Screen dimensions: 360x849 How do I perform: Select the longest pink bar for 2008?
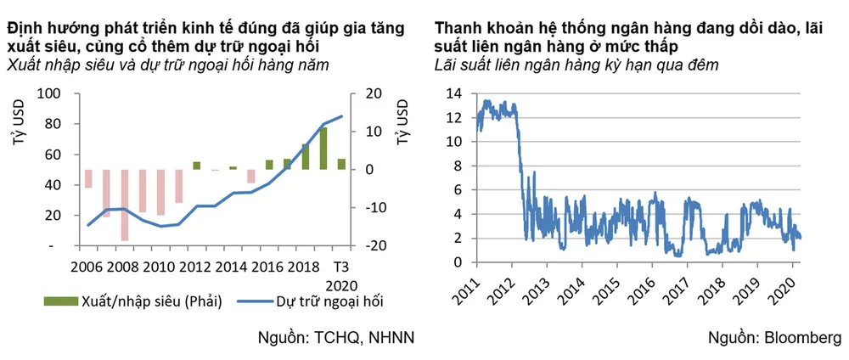[125, 205]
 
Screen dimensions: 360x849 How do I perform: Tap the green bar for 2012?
[197, 166]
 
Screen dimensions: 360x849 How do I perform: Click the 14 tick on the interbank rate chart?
[457, 93]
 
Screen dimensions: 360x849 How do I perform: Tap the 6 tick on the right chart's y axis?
[459, 190]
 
